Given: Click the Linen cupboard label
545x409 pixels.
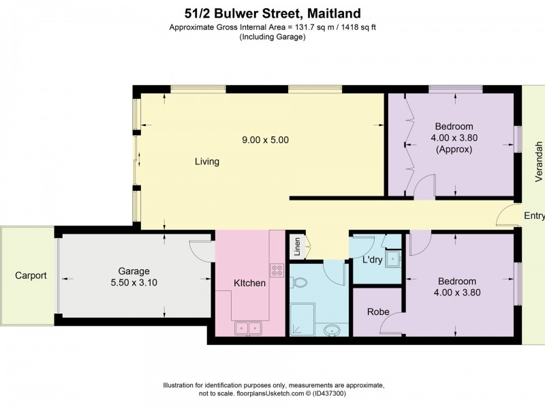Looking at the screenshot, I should pyautogui.click(x=296, y=245).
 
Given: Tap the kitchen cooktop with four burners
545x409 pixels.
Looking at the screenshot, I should pyautogui.click(x=277, y=270).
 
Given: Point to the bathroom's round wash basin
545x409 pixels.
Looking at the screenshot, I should pyautogui.click(x=332, y=331).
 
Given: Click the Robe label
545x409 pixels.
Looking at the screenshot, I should pyautogui.click(x=378, y=312).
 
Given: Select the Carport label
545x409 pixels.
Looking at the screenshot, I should pyautogui.click(x=31, y=276).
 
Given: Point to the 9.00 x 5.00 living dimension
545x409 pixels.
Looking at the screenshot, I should pyautogui.click(x=266, y=140).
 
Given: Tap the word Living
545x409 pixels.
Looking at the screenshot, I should pyautogui.click(x=207, y=162).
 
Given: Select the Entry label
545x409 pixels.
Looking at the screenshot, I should pyautogui.click(x=534, y=216).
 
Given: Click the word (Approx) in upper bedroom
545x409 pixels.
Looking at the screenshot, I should pyautogui.click(x=454, y=149).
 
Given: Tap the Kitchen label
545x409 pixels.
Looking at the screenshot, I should pyautogui.click(x=250, y=283).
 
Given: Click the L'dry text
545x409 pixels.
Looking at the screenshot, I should pyautogui.click(x=372, y=260).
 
